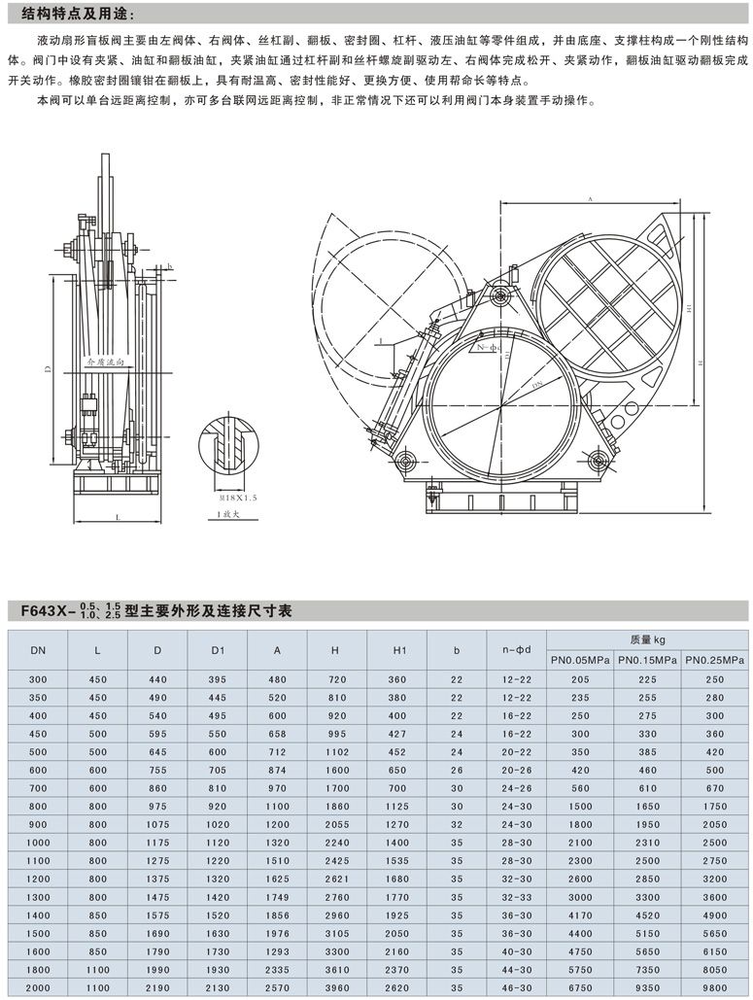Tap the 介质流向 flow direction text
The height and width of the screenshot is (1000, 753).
coord(107,360)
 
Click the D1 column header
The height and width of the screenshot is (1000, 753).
coord(218,647)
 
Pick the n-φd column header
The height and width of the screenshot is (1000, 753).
coord(515,647)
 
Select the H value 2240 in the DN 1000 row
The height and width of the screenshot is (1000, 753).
coord(337,842)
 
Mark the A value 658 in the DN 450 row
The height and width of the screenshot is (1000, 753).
coord(278,733)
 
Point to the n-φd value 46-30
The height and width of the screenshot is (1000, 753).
coord(515,988)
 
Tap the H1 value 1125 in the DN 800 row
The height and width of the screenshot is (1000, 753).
coord(396,806)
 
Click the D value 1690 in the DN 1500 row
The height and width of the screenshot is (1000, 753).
coord(157,933)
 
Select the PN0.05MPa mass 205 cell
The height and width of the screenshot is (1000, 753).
coord(580,678)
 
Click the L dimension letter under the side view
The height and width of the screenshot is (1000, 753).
coord(118,518)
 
